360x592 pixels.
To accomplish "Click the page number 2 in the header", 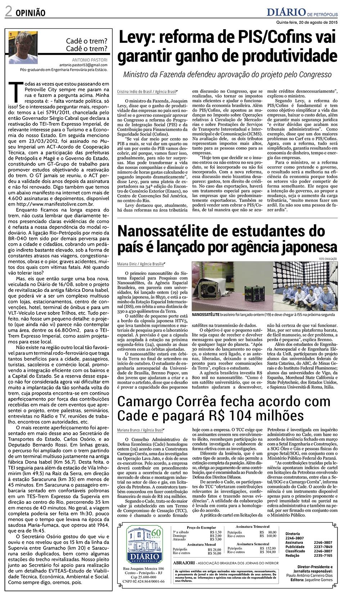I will pyautogui.click(x=8, y=12).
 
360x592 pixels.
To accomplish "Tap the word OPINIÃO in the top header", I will pyautogui.click(x=30, y=13).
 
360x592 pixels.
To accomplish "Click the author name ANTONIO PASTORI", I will pyautogui.click(x=90, y=59).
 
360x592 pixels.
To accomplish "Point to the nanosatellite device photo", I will pyautogui.click(x=231, y=286).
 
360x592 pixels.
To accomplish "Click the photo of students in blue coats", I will pyautogui.click(x=306, y=286).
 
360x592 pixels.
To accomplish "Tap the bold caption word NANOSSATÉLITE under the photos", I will pyautogui.click(x=206, y=314).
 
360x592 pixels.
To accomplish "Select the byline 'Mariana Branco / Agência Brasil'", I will pyautogui.click(x=140, y=430).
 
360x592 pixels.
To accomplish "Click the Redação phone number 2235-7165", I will pyautogui.click(x=323, y=555).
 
